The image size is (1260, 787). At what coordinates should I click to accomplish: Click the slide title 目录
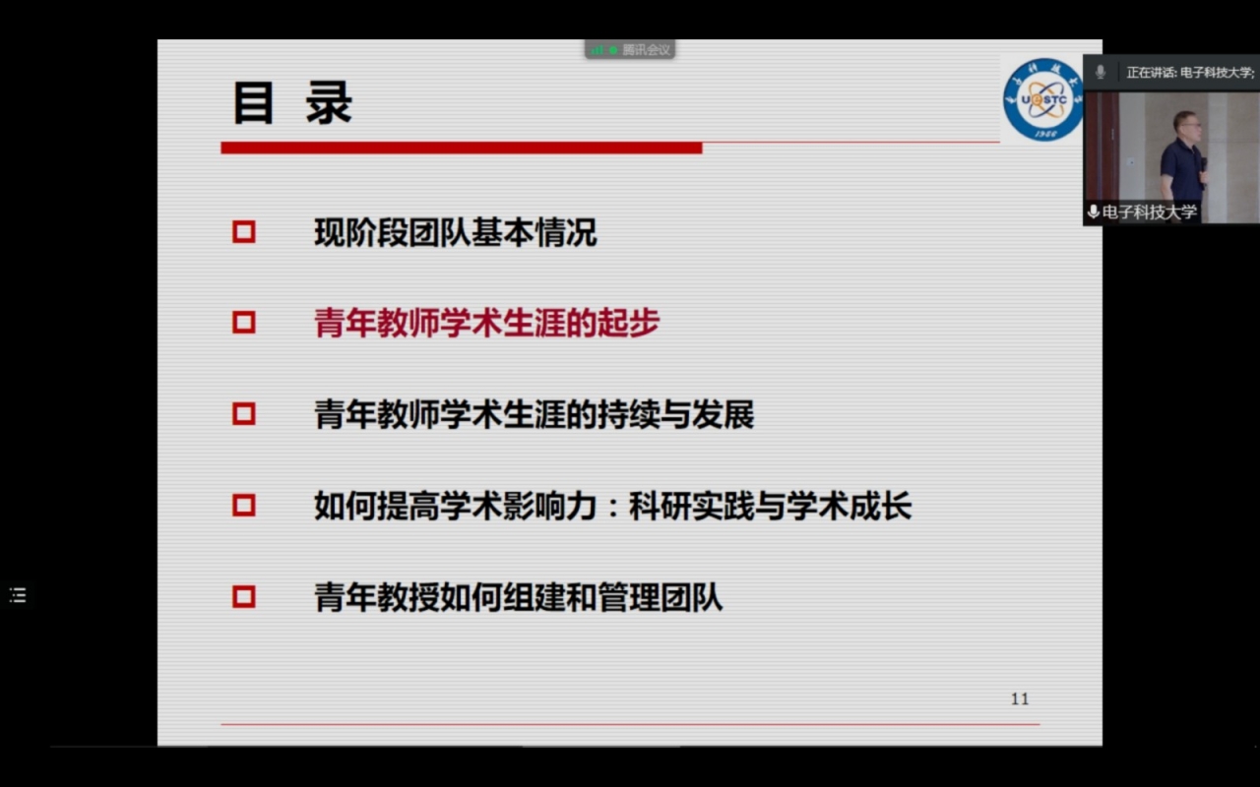pos(291,103)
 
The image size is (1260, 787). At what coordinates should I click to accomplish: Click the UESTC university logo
pos(1042,99)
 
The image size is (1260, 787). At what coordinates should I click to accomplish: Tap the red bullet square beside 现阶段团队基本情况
pos(243,232)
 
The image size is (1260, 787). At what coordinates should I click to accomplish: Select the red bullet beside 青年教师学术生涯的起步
pos(243,323)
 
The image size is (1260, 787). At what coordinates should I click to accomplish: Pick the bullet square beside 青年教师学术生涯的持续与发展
pos(243,414)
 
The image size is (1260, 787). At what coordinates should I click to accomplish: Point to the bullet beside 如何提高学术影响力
pos(243,506)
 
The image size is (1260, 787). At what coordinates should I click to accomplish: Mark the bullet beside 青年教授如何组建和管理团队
pos(243,596)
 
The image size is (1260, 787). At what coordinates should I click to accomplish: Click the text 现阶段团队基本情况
pos(455,233)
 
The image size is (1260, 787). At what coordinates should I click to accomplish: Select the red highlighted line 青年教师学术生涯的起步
pos(486,324)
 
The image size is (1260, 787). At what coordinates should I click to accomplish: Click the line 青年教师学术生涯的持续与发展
pos(534,414)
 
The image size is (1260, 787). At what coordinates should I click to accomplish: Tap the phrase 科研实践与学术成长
pos(771,506)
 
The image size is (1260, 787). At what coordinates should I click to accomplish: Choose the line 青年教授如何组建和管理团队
pos(518,597)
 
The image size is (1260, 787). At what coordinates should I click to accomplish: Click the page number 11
pos(1020,699)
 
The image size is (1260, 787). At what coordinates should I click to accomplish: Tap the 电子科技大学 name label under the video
pos(1149,212)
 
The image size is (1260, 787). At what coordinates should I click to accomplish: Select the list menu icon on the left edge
pos(18,595)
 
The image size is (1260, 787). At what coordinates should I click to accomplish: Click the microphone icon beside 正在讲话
pos(1101,72)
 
